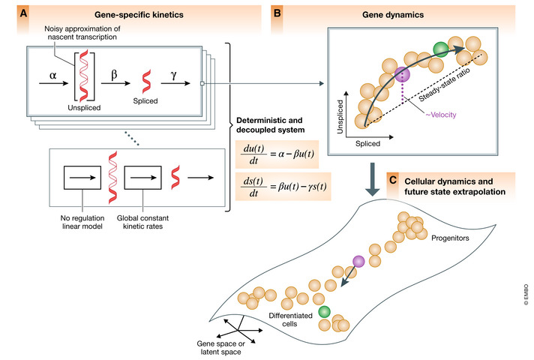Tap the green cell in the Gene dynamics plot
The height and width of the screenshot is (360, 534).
point(440,50)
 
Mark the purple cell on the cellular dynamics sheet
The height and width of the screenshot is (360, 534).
point(358,260)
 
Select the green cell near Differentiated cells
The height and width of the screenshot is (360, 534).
point(324,311)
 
